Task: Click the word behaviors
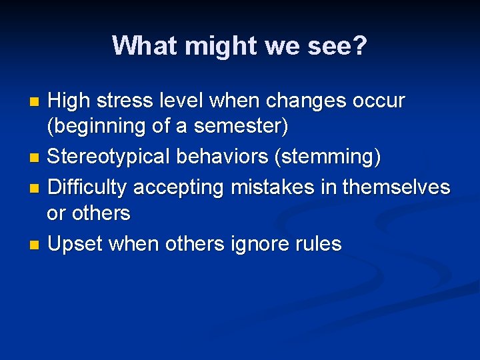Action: pyautogui.click(x=214, y=158)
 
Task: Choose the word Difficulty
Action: pyautogui.click(x=87, y=188)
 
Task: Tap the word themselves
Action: pyautogui.click(x=396, y=188)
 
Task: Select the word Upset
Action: pyautogui.click(x=75, y=245)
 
